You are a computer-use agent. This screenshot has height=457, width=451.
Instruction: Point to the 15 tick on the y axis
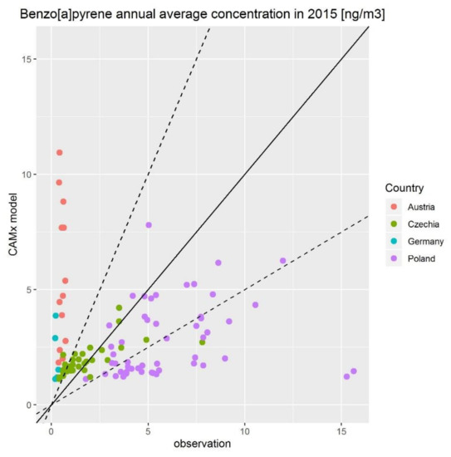(x=28, y=59)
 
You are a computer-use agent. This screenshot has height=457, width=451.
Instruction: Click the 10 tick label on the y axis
(x=28, y=174)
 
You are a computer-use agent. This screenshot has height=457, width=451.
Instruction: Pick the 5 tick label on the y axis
(x=31, y=290)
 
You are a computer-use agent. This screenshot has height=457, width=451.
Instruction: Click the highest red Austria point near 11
(x=59, y=152)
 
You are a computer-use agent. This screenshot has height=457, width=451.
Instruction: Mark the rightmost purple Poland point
(x=353, y=371)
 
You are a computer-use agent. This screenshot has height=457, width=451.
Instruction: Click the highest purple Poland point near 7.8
(x=149, y=225)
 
